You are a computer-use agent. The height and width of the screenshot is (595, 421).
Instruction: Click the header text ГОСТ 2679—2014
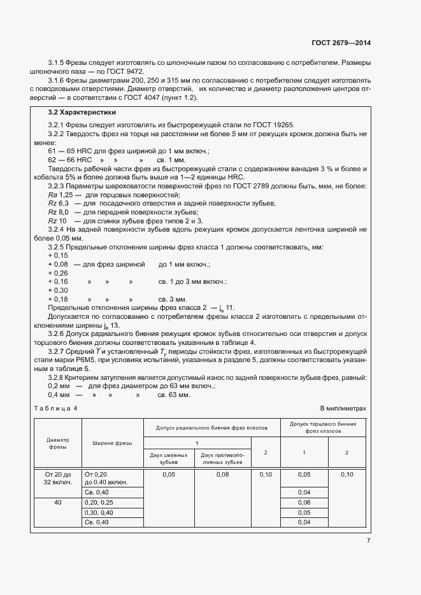coord(341,43)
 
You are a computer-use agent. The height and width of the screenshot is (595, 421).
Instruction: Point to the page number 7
coord(368,541)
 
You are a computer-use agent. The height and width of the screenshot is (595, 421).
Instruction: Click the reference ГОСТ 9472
coord(126,72)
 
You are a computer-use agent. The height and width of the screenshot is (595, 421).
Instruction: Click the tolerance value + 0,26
coord(58,272)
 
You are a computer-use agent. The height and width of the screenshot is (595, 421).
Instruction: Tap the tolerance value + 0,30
coord(58,290)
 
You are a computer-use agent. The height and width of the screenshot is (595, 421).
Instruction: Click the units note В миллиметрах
coord(343,408)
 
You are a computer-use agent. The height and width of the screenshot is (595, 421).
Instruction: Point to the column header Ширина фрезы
coord(112,443)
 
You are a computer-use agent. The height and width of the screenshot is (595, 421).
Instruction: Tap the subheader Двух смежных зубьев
coord(169,458)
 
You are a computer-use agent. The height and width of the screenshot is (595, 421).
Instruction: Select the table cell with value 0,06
coord(304,502)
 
